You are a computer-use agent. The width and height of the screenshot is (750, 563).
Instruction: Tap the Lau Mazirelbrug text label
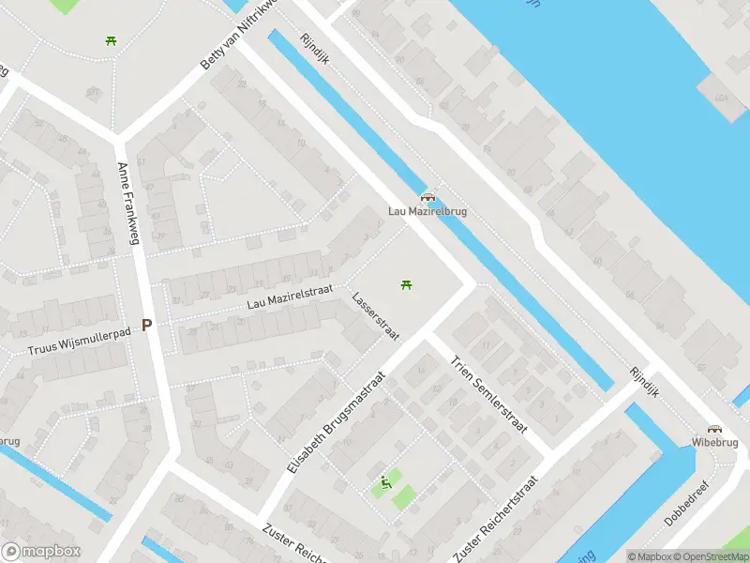pos(427,211)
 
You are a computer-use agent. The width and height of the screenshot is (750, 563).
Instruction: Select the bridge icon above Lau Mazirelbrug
pos(427,198)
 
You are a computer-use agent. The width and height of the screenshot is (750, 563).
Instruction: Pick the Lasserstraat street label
pos(376,317)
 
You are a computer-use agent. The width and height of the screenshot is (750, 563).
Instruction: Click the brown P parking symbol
pos(146,326)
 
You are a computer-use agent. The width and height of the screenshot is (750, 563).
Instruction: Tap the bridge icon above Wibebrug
pos(715,428)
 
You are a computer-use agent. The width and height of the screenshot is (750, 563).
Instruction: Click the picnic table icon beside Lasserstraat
pos(406,284)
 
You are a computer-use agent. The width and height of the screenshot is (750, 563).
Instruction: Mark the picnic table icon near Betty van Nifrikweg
pos(112,40)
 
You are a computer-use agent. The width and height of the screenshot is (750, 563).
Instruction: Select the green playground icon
pos(385,484)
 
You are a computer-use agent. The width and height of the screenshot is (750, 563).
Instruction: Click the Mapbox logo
pos(41,552)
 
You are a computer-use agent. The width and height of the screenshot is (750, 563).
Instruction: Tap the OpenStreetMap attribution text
pos(710,556)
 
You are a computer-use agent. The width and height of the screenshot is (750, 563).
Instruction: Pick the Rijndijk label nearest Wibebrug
pos(646,381)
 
